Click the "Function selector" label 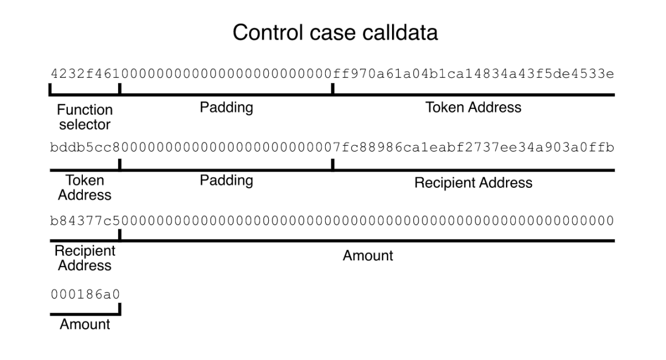pyautogui.click(x=85, y=117)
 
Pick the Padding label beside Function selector pyautogui.click(x=226, y=108)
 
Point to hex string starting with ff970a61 pyautogui.click(x=473, y=74)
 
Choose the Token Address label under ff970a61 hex pyautogui.click(x=473, y=108)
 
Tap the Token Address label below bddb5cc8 pyautogui.click(x=85, y=188)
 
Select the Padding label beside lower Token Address pyautogui.click(x=226, y=180)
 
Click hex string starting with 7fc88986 pyautogui.click(x=473, y=148)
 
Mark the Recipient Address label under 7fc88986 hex pyautogui.click(x=473, y=183)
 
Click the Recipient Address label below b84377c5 pyautogui.click(x=85, y=259)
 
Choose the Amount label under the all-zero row pyautogui.click(x=368, y=255)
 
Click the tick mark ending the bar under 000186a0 pyautogui.click(x=119, y=310)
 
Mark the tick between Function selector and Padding pyautogui.click(x=119, y=89)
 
